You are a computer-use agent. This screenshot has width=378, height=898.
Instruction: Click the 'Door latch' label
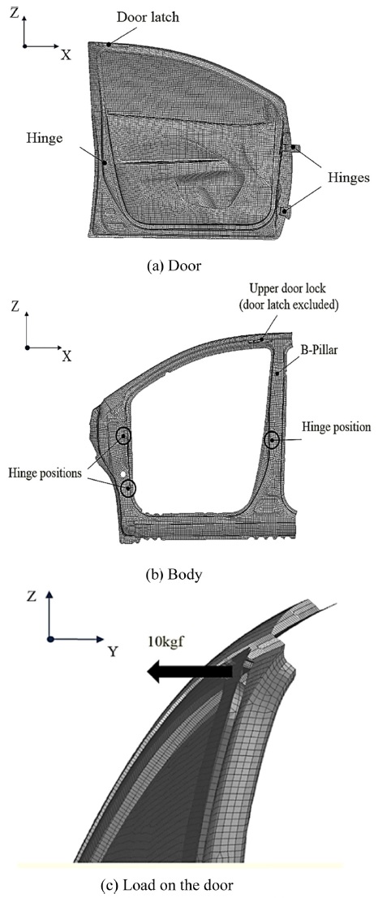click(x=148, y=18)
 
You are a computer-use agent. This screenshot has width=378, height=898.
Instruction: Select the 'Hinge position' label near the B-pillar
click(x=337, y=426)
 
